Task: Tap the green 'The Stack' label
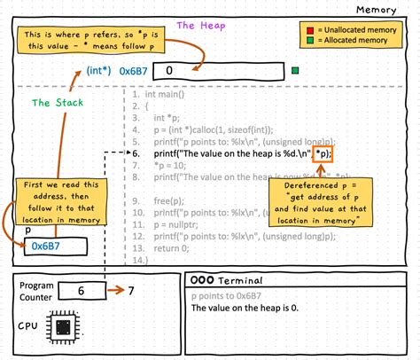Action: tap(55, 103)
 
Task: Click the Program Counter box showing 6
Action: tap(79, 290)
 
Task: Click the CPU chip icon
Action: tap(63, 327)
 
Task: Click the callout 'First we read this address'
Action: tap(56, 200)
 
